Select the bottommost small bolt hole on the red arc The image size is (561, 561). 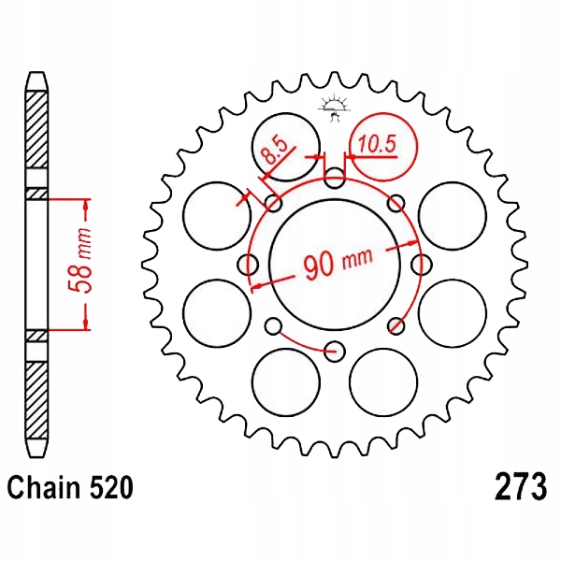tap(335, 351)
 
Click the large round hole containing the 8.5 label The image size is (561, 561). tap(287, 146)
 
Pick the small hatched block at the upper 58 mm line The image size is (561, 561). tap(35, 194)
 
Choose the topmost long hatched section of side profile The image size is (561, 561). tap(35, 131)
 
